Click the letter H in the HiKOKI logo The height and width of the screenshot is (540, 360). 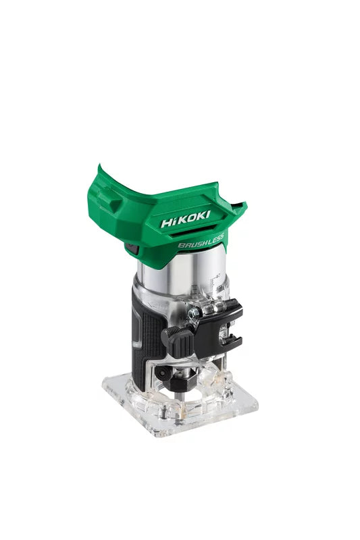167,222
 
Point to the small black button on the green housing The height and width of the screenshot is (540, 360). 131,249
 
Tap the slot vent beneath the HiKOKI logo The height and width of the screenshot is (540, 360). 179,234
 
